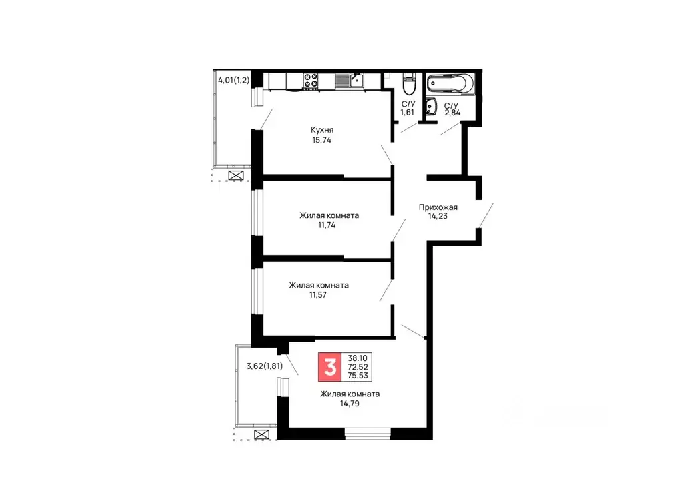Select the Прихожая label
click(438, 207)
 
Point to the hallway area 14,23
click(438, 217)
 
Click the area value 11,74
click(329, 225)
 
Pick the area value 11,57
click(318, 295)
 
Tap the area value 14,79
click(350, 404)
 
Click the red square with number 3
click(329, 368)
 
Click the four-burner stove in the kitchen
click(311, 81)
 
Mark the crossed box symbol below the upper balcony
click(236, 176)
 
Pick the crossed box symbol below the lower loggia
click(262, 435)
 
